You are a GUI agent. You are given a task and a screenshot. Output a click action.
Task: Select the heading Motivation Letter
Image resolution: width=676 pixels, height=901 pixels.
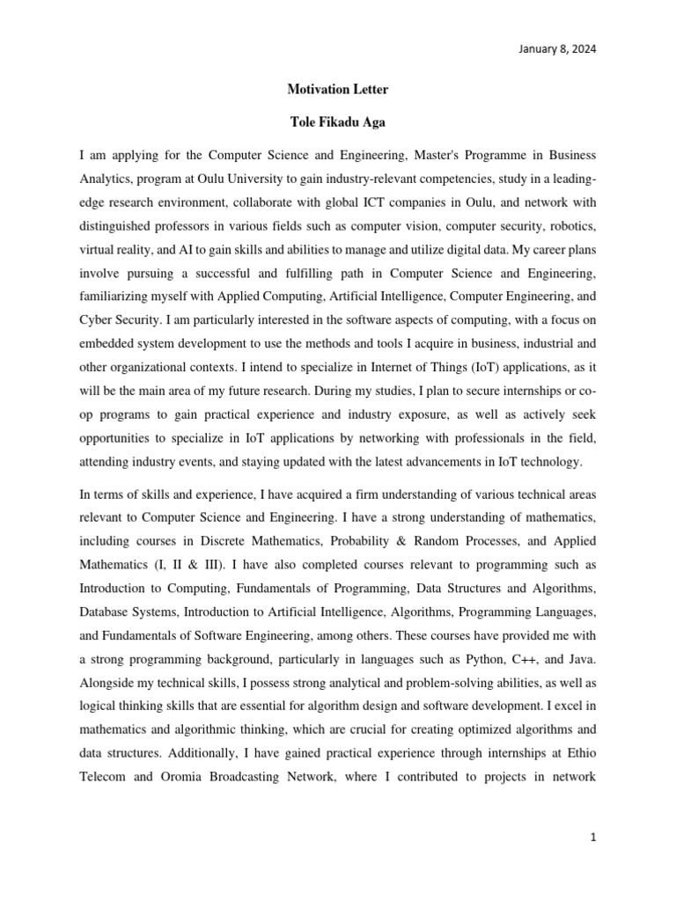(x=338, y=90)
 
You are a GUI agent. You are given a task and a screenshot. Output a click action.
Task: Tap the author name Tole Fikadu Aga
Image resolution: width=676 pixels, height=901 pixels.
(x=338, y=122)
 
